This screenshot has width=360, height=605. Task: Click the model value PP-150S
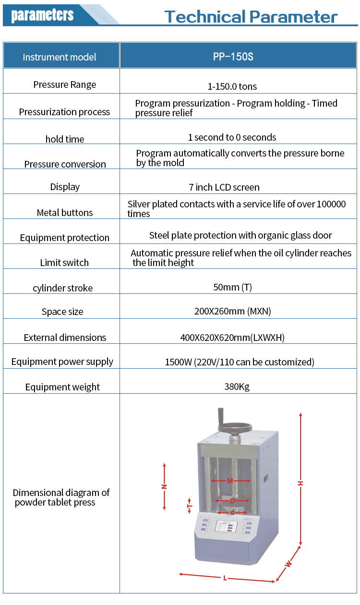[x=233, y=57]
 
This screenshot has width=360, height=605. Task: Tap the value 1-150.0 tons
[x=232, y=86]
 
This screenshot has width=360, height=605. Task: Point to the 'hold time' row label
[x=64, y=139]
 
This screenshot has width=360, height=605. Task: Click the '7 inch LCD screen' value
[x=224, y=187]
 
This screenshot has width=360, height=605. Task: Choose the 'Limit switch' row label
[x=64, y=263]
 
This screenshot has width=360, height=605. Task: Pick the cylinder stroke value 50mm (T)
[x=232, y=287]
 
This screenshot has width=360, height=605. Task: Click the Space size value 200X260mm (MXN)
[x=232, y=311]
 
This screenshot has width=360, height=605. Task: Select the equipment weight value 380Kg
[x=237, y=387]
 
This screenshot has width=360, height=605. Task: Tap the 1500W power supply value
[x=240, y=362]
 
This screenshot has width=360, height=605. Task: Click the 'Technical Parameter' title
[x=251, y=16]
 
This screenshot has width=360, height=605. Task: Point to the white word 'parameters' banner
[x=42, y=14]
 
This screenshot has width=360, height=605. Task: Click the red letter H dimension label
[x=300, y=483]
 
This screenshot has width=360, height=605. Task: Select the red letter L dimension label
[x=225, y=578]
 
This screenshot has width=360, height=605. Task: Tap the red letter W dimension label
[x=288, y=563]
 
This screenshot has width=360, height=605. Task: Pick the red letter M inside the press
[x=230, y=481]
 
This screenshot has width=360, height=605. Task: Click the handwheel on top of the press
[x=234, y=427]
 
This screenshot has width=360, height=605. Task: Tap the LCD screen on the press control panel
[x=226, y=526]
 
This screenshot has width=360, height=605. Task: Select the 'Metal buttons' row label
[x=65, y=213]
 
